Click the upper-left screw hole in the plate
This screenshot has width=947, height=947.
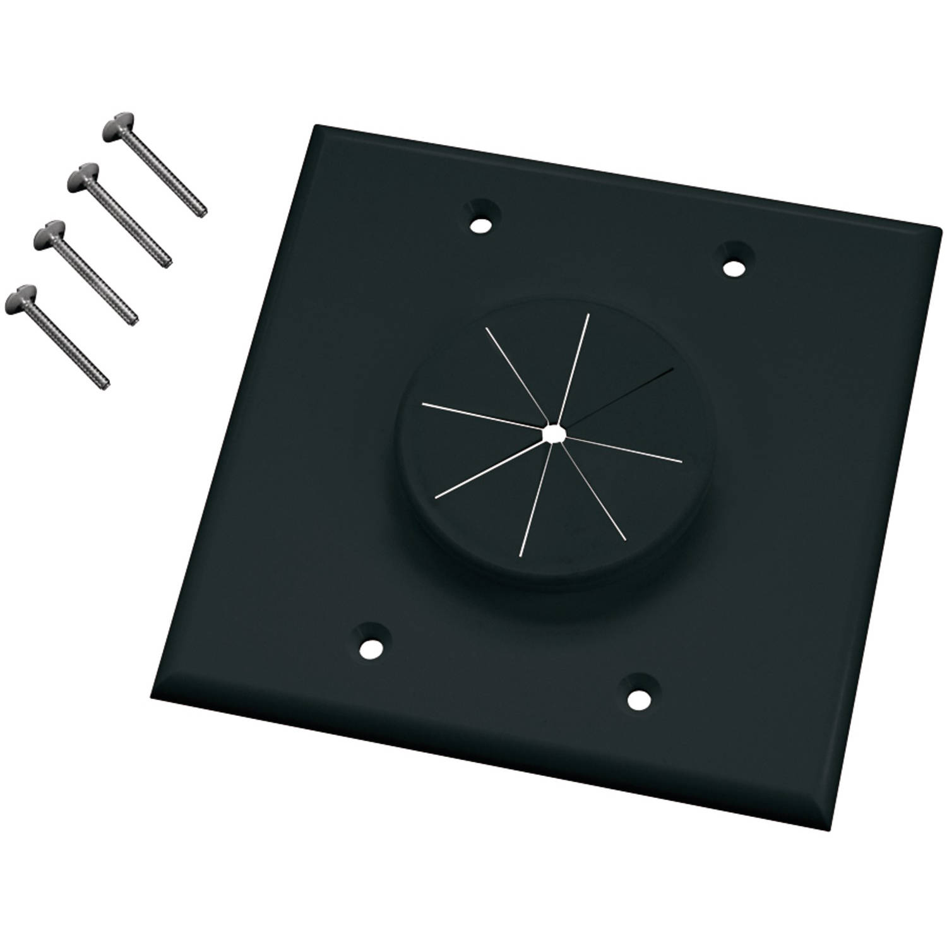[482, 223]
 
